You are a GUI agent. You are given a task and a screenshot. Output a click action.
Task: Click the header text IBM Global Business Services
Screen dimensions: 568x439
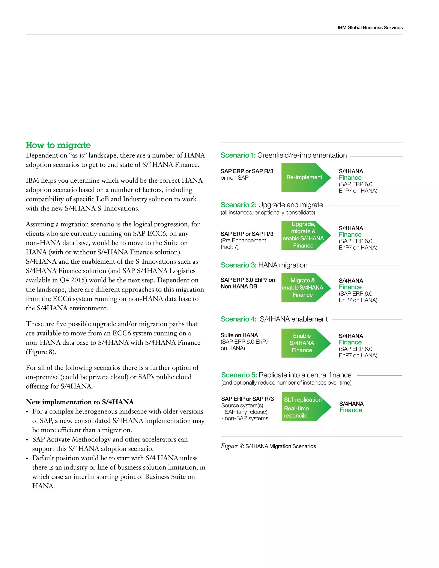pos(370,28)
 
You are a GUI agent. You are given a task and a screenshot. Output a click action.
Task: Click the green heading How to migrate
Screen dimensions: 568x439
pos(58,145)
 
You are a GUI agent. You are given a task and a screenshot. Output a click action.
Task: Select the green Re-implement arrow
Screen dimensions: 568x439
pos(304,177)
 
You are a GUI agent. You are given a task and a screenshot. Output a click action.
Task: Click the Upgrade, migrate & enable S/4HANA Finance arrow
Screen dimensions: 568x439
pos(303,235)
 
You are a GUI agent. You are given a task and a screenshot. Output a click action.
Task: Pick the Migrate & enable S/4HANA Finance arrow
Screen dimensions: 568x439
pos(303,288)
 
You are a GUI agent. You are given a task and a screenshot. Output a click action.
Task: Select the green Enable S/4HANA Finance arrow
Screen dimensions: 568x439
pos(302,343)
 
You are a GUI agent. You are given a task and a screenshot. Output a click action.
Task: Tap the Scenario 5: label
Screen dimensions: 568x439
pos(239,375)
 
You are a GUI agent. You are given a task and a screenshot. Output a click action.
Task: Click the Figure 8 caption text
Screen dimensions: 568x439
pos(268,446)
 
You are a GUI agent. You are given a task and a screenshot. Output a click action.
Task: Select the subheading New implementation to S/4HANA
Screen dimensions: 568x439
pos(80,402)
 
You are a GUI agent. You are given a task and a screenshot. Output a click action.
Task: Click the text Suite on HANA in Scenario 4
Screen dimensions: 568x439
pos(239,335)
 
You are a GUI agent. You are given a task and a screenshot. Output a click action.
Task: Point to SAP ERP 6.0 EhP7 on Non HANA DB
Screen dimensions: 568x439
pos(248,283)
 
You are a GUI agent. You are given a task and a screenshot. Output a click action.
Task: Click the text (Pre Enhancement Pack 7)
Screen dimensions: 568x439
pos(243,244)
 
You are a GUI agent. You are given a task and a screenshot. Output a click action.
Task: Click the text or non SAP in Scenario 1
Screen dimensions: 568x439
pos(235,178)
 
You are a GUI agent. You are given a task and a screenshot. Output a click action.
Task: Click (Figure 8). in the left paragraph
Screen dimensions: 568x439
pos(41,352)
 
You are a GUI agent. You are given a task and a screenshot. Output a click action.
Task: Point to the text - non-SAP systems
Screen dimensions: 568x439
pos(245,418)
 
